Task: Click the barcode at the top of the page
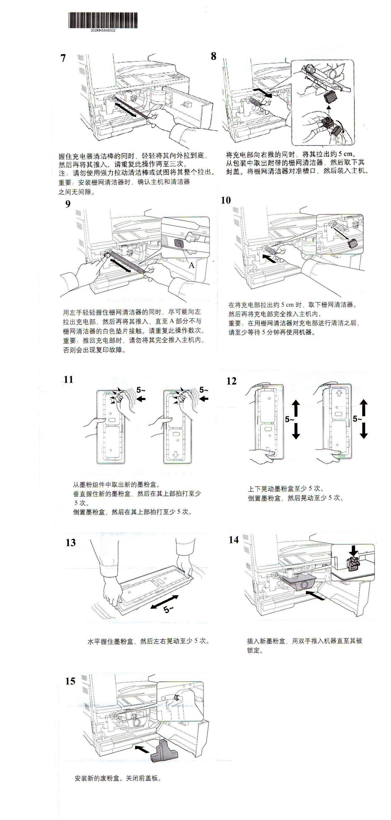(103, 20)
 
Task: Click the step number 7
(63, 58)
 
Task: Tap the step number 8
(214, 56)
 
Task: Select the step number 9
(68, 204)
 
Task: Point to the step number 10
(226, 200)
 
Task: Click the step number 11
(68, 379)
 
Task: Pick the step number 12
(231, 381)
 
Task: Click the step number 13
(71, 543)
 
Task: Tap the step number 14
(234, 539)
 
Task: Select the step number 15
(70, 681)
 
